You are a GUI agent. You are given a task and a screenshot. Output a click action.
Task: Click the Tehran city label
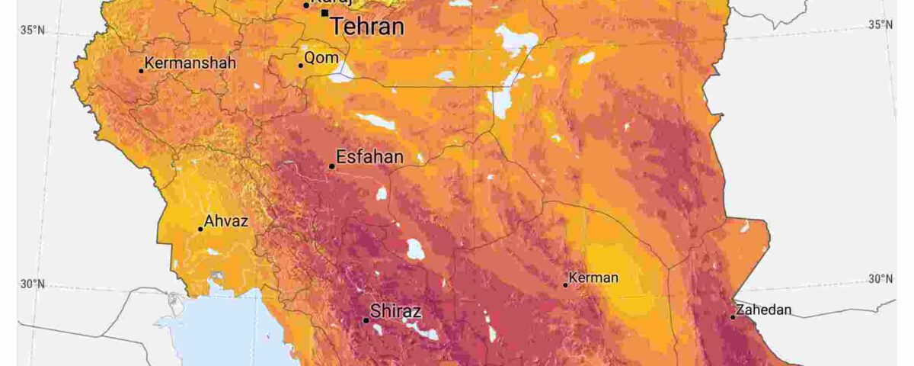(366, 27)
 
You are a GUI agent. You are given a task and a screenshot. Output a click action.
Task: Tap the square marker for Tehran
(325, 13)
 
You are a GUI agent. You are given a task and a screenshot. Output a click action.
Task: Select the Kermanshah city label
(190, 63)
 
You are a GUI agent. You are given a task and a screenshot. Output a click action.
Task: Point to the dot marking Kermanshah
(141, 71)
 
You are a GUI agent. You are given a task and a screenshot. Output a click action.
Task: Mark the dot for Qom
(301, 66)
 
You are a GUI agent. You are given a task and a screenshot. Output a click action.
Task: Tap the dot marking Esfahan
(332, 166)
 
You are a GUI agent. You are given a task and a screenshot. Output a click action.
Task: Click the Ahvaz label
(227, 221)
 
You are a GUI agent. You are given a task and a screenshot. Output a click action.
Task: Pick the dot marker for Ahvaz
(201, 229)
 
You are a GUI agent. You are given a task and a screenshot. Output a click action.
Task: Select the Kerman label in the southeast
(594, 278)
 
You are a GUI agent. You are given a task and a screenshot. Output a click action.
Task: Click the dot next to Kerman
(566, 285)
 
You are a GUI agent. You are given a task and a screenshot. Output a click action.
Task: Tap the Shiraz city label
(395, 312)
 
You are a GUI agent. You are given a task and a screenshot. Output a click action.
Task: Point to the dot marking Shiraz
(366, 320)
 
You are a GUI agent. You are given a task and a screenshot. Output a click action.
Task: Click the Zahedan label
(765, 310)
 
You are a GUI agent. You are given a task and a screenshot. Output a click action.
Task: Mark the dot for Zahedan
(733, 317)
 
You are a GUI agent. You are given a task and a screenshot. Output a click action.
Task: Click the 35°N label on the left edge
(31, 30)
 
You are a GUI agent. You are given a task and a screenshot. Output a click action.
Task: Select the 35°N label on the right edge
(880, 25)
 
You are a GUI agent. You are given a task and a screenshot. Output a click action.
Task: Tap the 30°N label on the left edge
(31, 284)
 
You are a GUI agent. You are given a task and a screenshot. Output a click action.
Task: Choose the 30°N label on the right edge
(880, 279)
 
